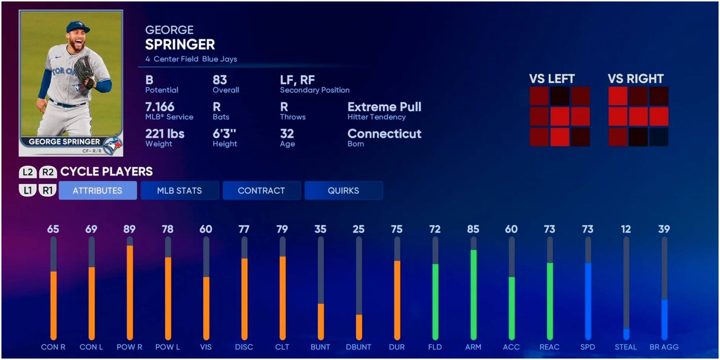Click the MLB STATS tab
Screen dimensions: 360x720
(x=179, y=190)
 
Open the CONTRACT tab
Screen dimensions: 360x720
(x=261, y=190)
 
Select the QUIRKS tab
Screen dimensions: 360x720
(x=343, y=190)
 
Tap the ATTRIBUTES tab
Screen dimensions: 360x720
(x=98, y=190)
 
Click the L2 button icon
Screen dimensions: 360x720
(x=28, y=172)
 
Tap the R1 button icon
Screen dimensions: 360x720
(x=48, y=190)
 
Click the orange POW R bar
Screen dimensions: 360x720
(x=130, y=292)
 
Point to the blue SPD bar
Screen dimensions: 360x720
(x=588, y=301)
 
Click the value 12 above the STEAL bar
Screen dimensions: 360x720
(x=626, y=229)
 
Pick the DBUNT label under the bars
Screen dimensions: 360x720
(x=359, y=347)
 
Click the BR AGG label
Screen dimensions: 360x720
(x=664, y=347)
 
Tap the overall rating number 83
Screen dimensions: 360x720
(x=220, y=80)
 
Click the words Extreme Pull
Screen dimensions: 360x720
(x=384, y=107)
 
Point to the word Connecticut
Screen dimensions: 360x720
(x=384, y=134)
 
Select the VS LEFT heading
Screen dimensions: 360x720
(x=552, y=79)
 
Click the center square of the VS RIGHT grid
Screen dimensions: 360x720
(x=638, y=116)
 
